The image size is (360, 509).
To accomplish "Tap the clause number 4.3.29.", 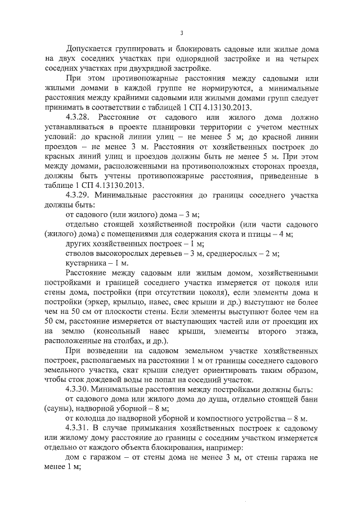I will [x=78, y=195].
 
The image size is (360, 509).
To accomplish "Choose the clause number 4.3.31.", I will [x=78, y=428].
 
